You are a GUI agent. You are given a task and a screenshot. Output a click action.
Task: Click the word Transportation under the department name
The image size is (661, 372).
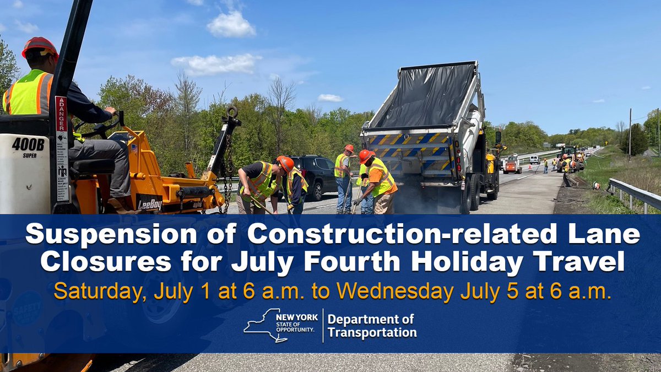pyautogui.click(x=372, y=333)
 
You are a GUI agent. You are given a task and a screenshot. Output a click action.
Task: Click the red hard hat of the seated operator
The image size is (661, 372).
pyautogui.click(x=40, y=46)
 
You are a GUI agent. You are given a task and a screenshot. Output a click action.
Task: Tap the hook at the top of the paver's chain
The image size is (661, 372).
pyautogui.click(x=232, y=112)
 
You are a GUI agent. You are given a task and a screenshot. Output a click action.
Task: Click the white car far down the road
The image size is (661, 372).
pyautogui.click(x=534, y=160)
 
